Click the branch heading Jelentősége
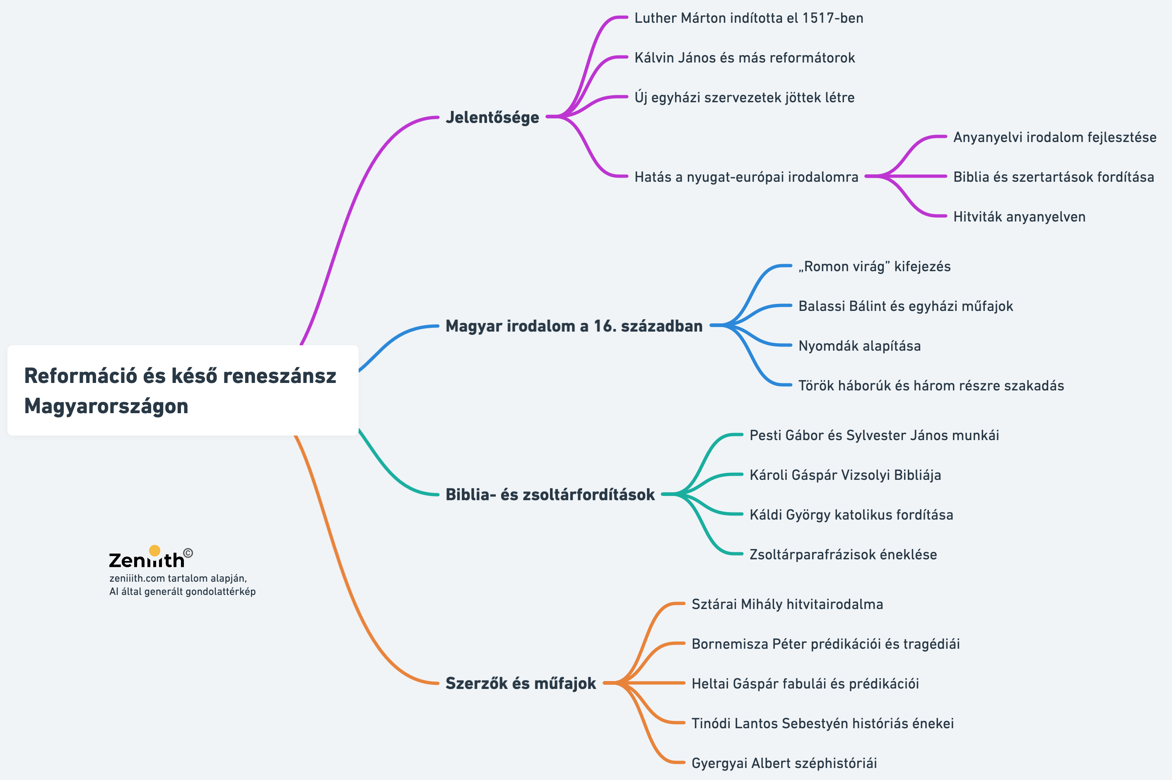point(492,118)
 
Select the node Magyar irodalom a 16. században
point(574,326)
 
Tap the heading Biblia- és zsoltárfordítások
point(550,494)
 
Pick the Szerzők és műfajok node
point(520,684)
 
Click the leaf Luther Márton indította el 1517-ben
point(748,18)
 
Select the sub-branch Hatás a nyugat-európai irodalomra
point(746,177)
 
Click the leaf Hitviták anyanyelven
point(1019,217)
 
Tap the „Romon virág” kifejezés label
point(874,267)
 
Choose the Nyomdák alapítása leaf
point(859,346)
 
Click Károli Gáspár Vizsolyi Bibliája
point(845,475)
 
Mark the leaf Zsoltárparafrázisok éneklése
point(843,555)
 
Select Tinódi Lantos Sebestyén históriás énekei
point(822,723)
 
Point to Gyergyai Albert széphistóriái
point(784,763)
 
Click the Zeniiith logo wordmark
point(147,561)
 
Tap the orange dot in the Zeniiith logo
point(155,550)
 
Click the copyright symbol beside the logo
point(188,553)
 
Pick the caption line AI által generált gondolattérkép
point(182,592)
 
